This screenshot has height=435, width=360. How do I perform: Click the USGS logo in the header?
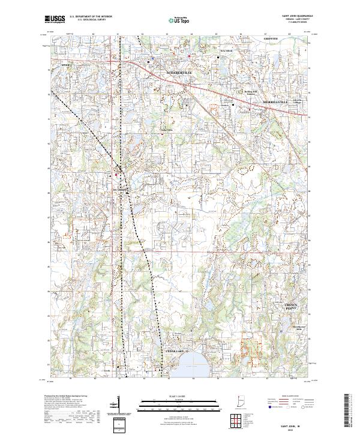(56, 19)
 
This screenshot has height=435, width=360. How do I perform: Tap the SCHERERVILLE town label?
(178, 73)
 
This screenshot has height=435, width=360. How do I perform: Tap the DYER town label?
(65, 64)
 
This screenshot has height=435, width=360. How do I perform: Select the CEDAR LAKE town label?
(175, 350)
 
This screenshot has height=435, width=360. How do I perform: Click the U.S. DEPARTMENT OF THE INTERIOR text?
(90, 16)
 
